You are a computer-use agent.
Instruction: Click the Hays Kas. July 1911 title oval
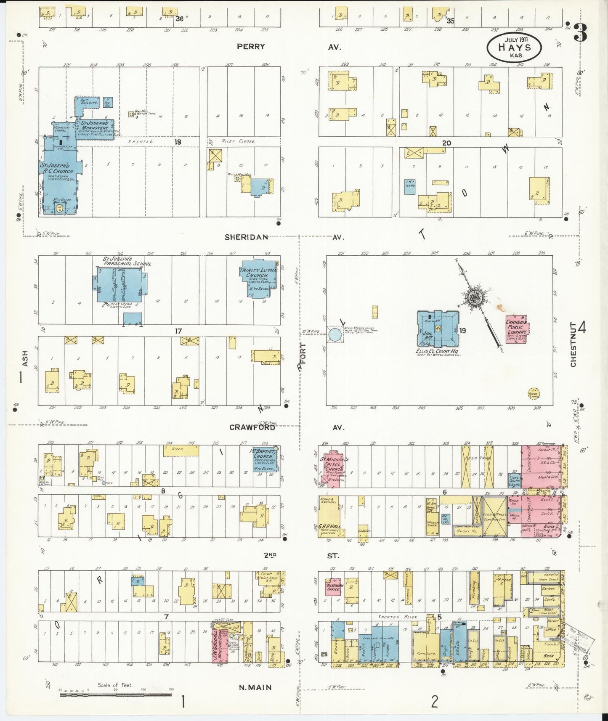coord(515,45)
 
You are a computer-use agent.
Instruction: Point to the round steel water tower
coord(335,335)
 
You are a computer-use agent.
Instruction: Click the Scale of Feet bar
coord(115,695)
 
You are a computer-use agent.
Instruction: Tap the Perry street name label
coord(251,47)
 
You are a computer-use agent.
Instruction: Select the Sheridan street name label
coord(246,237)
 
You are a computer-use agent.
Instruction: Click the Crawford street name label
coord(252,427)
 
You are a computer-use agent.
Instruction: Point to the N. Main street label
coord(255,688)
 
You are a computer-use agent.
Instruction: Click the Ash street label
coord(25,358)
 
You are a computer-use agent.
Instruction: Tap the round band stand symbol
coord(534,393)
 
